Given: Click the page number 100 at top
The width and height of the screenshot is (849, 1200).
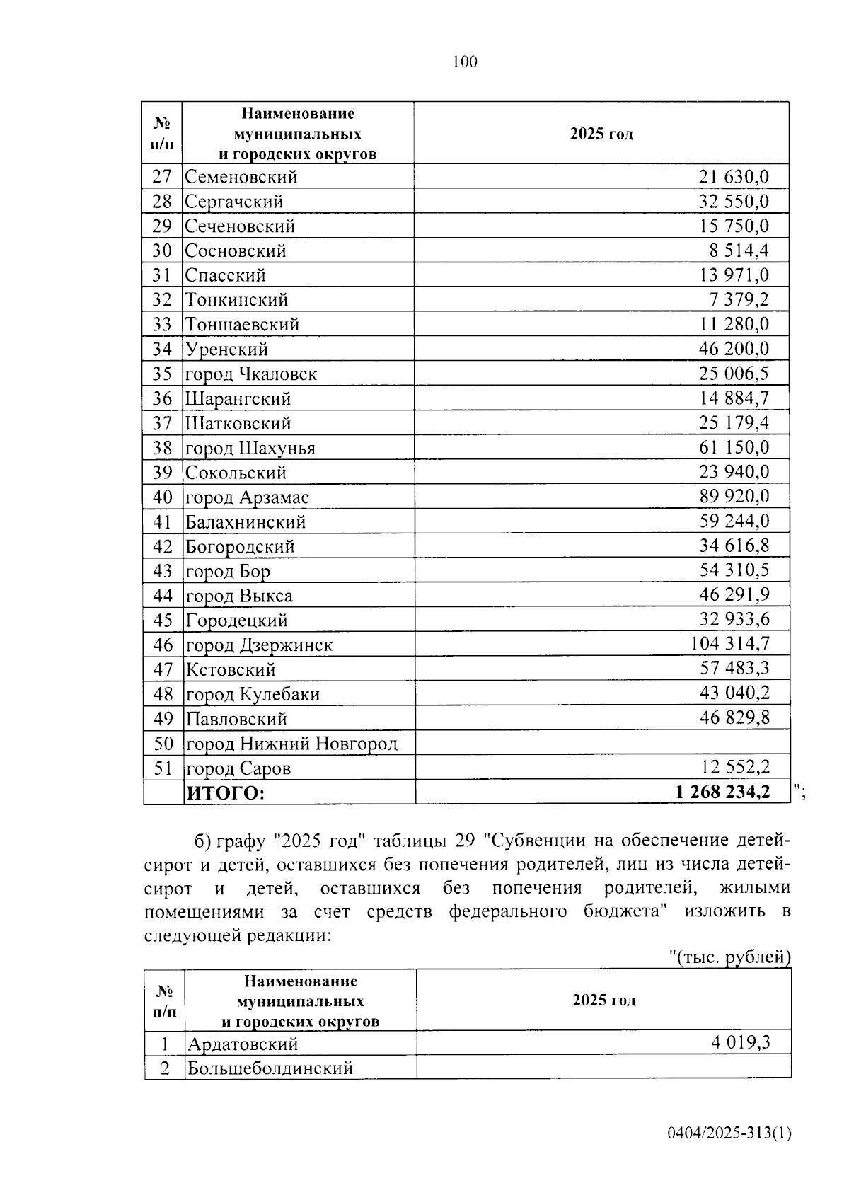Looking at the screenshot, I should click(465, 62).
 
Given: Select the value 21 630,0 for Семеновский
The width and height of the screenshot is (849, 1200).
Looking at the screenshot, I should click(734, 177).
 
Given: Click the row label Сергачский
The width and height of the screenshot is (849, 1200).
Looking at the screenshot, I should click(234, 202).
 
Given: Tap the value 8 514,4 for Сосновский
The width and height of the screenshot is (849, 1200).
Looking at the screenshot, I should click(739, 250).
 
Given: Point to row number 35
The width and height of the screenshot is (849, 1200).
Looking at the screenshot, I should click(162, 374).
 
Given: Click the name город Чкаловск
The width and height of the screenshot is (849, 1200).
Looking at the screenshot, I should click(251, 374).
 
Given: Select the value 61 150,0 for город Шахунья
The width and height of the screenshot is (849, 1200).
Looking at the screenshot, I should click(734, 447).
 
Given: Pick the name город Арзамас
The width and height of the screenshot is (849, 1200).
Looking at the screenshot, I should click(247, 497).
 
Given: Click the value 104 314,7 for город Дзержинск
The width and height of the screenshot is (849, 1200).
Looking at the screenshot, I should click(729, 644).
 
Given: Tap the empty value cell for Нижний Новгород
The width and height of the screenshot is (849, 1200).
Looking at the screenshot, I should click(601, 743).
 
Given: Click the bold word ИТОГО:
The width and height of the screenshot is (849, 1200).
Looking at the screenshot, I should click(225, 793).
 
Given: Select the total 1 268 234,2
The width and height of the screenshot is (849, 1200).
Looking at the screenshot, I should click(722, 792).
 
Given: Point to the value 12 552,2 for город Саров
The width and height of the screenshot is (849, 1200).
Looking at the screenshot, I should click(734, 767).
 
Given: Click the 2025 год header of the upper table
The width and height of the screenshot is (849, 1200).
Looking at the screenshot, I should click(601, 134).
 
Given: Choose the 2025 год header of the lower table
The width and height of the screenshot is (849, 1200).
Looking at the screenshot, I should click(603, 1000).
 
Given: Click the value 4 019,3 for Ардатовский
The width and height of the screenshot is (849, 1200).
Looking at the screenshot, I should click(740, 1042).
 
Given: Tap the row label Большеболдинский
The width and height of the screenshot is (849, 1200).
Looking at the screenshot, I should click(270, 1068).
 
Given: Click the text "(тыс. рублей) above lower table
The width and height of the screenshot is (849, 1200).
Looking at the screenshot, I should click(729, 957).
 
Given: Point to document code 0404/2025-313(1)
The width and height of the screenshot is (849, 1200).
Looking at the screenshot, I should click(729, 1133).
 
